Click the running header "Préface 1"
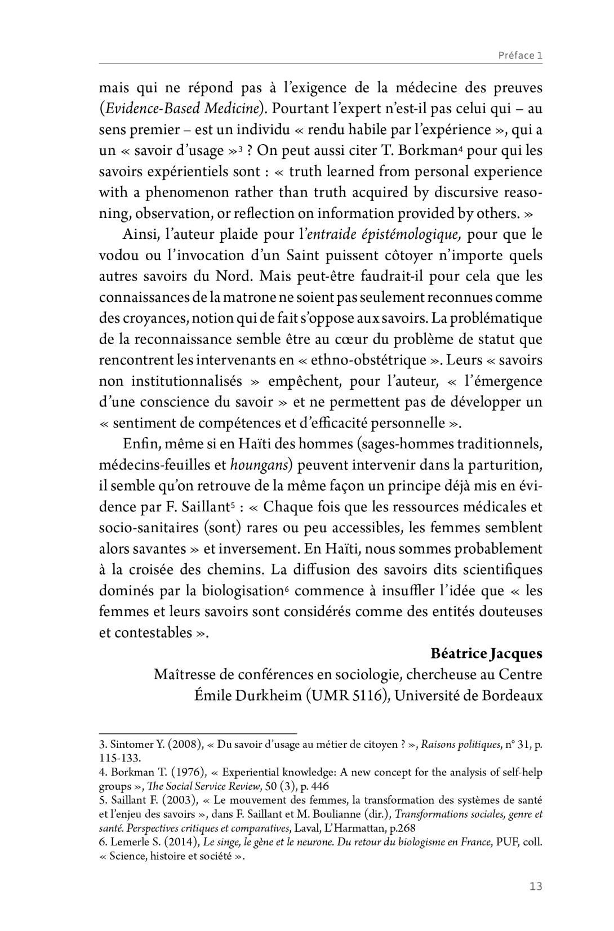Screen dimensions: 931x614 point(520,55)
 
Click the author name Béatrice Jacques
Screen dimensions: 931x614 point(486,653)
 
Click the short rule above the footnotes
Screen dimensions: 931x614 point(198,734)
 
